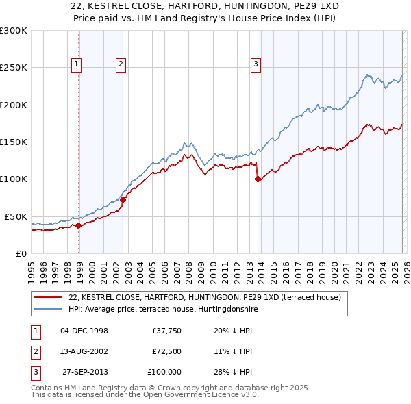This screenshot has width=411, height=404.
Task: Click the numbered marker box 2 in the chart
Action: pyautogui.click(x=121, y=65)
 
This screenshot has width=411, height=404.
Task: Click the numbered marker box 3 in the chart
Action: pyautogui.click(x=256, y=65)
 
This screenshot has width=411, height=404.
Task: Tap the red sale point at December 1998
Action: pyautogui.click(x=79, y=225)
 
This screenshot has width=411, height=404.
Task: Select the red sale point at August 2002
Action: pyautogui.click(x=123, y=199)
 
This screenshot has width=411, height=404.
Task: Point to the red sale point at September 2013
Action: pyautogui.click(x=258, y=179)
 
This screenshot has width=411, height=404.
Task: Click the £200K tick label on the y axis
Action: pyautogui.click(x=14, y=105)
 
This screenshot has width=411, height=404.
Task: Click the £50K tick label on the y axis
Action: pyautogui.click(x=16, y=216)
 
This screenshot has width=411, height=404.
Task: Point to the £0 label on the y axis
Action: pyautogui.click(x=21, y=253)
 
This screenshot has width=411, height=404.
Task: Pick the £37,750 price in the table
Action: pyautogui.click(x=166, y=331)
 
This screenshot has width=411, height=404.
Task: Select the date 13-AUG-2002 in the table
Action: pyautogui.click(x=84, y=351)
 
